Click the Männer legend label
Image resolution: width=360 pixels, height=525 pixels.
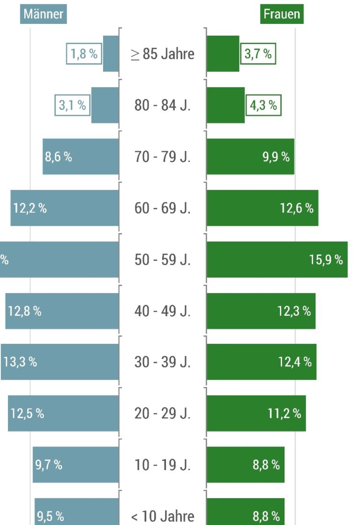[x=44, y=14]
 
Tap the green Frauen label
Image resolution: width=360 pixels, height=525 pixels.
[x=282, y=14]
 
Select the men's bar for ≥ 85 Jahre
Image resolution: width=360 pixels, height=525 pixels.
[x=111, y=54]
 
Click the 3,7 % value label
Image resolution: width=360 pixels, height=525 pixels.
[x=258, y=54]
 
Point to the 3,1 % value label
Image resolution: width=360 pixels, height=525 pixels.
[x=73, y=105]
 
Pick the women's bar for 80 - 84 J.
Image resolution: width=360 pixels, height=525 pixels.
[x=225, y=105]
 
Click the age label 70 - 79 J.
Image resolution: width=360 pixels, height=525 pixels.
[x=163, y=157]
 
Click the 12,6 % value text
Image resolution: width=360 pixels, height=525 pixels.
[x=297, y=208]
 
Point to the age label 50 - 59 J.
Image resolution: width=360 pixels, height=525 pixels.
[x=163, y=259]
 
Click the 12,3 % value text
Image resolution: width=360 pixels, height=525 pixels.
[x=294, y=311]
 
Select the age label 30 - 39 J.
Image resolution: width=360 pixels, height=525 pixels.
[x=163, y=362]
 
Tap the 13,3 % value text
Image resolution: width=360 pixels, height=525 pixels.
[x=20, y=362]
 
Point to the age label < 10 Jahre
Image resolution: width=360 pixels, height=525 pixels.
[x=163, y=517]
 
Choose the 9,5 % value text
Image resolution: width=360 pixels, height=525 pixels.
[x=51, y=517]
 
